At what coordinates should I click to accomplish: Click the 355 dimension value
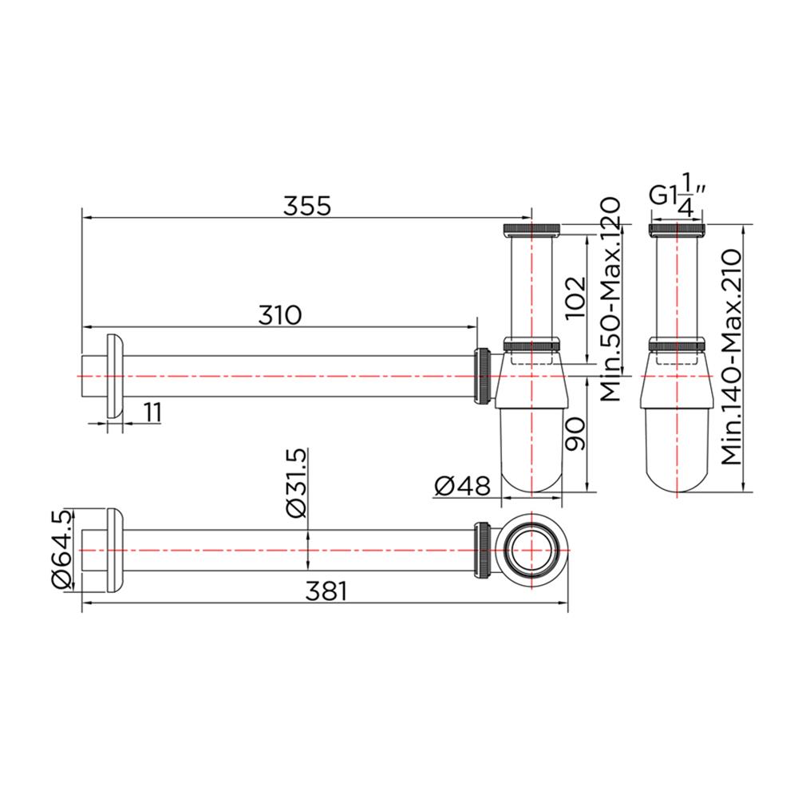(x=307, y=205)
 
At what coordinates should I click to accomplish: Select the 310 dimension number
(x=279, y=315)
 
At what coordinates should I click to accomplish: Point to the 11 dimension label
(x=152, y=412)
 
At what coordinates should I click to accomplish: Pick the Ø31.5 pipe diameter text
(x=294, y=484)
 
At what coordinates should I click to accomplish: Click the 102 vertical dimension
(x=575, y=298)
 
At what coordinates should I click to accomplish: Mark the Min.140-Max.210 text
(x=731, y=357)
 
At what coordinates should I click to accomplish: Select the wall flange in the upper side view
(x=115, y=375)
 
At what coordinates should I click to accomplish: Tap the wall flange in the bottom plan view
(x=115, y=551)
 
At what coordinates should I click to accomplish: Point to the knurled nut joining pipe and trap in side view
(x=483, y=375)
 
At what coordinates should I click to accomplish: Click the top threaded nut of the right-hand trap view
(x=677, y=231)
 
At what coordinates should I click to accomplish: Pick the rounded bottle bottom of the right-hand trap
(x=677, y=471)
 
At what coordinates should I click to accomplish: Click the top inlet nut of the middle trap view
(x=531, y=231)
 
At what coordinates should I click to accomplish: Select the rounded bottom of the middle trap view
(x=531, y=471)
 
